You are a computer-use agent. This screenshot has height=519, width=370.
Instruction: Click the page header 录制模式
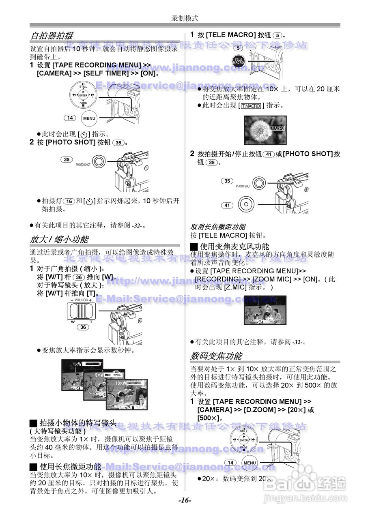[x=185, y=18]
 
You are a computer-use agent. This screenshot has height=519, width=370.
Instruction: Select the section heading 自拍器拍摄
[x=52, y=36]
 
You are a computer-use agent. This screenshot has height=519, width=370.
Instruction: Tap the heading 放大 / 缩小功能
[x=59, y=239]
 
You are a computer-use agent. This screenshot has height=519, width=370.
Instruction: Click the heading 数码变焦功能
[x=216, y=356]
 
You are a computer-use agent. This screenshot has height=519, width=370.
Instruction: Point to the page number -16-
[x=185, y=500]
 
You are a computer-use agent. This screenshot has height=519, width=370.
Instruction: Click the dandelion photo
[x=265, y=130]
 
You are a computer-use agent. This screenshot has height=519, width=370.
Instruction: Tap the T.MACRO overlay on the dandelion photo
[x=277, y=128]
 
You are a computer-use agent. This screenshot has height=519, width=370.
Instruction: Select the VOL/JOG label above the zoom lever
[x=81, y=300]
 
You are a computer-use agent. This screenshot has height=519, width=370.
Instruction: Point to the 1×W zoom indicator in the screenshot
[x=77, y=364]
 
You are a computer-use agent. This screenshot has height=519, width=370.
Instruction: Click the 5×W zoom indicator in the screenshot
[x=100, y=375]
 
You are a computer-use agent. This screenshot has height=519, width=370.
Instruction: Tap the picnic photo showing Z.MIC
[x=265, y=310]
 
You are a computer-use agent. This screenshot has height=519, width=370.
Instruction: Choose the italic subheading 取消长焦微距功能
[x=218, y=227]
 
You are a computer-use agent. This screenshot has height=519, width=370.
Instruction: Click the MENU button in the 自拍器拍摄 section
[x=89, y=118]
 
